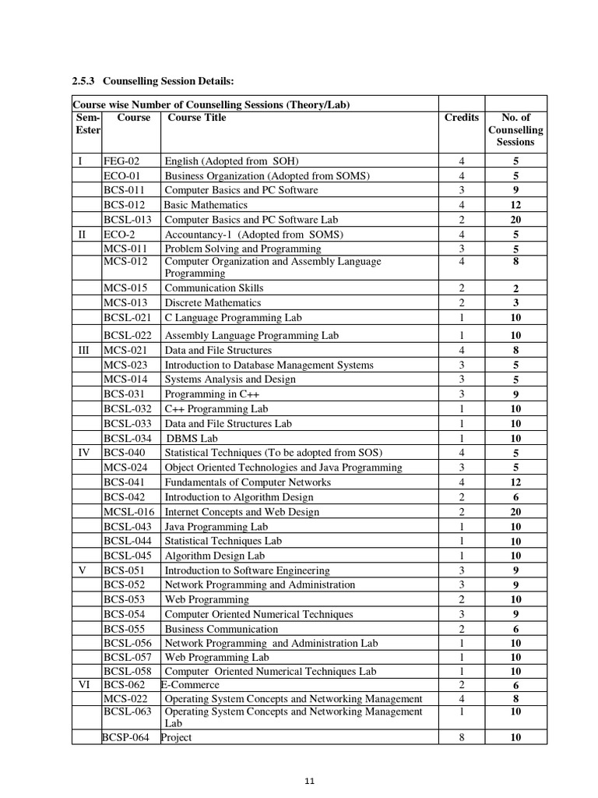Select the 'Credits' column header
pyautogui.click(x=462, y=118)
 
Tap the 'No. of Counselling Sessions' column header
pyautogui.click(x=515, y=129)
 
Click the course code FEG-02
pyautogui.click(x=121, y=161)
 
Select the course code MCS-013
pyautogui.click(x=125, y=302)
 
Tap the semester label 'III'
pyautogui.click(x=86, y=351)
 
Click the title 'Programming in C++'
pyautogui.click(x=207, y=394)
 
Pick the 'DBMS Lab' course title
pyautogui.click(x=192, y=438)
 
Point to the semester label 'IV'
pyautogui.click(x=86, y=453)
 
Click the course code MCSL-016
pyautogui.click(x=129, y=512)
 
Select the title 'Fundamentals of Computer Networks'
pyautogui.click(x=247, y=482)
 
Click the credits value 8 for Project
pyautogui.click(x=462, y=737)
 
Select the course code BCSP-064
pyautogui.click(x=128, y=737)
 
